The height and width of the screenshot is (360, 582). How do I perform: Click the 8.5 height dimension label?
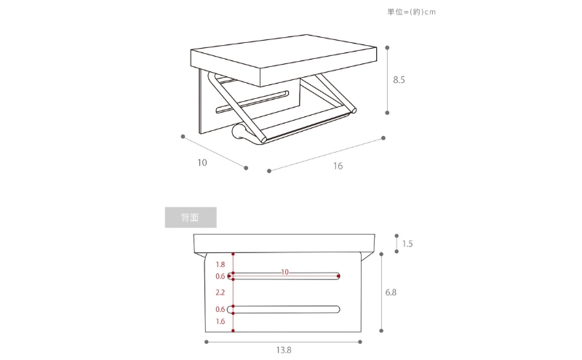click(399, 80)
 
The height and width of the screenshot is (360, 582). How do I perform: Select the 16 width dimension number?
click(338, 166)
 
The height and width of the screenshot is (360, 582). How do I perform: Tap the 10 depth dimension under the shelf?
click(202, 163)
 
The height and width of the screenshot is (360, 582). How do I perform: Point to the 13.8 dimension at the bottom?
click(284, 350)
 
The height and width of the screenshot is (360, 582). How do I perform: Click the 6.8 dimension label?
click(391, 292)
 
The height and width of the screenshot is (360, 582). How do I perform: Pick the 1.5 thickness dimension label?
click(407, 244)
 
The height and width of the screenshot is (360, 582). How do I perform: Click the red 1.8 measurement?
click(220, 265)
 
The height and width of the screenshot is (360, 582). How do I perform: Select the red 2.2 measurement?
click(220, 293)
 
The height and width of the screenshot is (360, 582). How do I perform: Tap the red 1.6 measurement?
click(220, 321)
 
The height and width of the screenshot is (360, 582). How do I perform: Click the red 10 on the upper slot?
click(284, 272)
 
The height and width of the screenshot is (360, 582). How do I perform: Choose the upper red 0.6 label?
click(220, 276)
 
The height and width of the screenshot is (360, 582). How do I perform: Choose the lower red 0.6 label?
click(220, 310)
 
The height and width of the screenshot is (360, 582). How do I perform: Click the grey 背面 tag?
click(191, 217)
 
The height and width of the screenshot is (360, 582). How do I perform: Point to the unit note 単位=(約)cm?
click(412, 12)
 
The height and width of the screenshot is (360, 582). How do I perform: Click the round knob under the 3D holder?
click(237, 132)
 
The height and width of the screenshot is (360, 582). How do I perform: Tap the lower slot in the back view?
click(284, 310)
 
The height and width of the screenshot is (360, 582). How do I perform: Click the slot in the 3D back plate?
click(252, 101)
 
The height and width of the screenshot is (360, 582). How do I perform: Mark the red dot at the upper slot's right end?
click(338, 276)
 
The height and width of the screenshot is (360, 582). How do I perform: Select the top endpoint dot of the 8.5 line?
click(387, 48)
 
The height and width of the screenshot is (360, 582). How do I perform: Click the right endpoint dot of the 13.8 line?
click(360, 342)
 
